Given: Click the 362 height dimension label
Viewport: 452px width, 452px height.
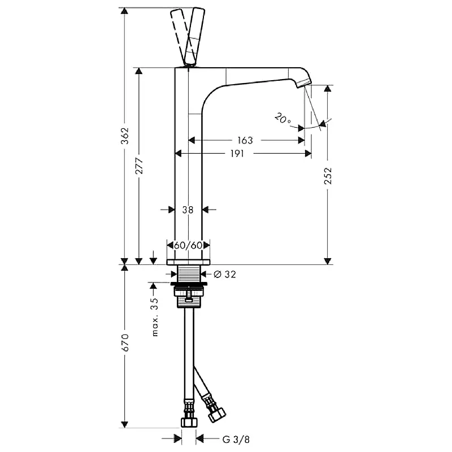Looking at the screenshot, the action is [125, 136].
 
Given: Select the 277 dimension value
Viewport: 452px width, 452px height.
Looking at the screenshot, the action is [139, 166].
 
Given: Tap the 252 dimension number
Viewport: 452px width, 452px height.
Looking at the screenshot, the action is [328, 176].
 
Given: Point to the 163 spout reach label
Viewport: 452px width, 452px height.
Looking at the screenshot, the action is [245, 140].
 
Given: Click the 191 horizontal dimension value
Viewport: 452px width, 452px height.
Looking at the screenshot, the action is [237, 154].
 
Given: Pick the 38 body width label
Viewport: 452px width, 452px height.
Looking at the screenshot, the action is [188, 210].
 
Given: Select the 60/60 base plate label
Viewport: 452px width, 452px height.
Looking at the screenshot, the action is [188, 245].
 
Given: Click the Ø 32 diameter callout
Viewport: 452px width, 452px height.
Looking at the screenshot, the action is [225, 274].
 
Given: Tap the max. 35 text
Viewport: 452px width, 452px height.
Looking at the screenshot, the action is [155, 317].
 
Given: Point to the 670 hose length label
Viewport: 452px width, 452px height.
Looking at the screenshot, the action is [125, 342].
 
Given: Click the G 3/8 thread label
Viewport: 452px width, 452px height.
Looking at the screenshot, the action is [236, 440].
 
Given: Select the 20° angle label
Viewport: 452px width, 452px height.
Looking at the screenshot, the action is [282, 118].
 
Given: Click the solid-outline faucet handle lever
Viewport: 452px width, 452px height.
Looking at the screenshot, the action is [195, 37].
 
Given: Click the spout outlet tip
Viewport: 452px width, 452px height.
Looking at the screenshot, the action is [304, 84].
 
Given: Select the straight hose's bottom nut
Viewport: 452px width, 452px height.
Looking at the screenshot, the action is [189, 422].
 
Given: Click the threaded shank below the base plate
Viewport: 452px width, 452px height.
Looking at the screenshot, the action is [189, 274].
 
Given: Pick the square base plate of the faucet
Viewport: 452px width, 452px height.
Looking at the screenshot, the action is [188, 262].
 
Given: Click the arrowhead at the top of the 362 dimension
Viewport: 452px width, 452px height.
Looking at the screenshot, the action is [124, 11].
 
